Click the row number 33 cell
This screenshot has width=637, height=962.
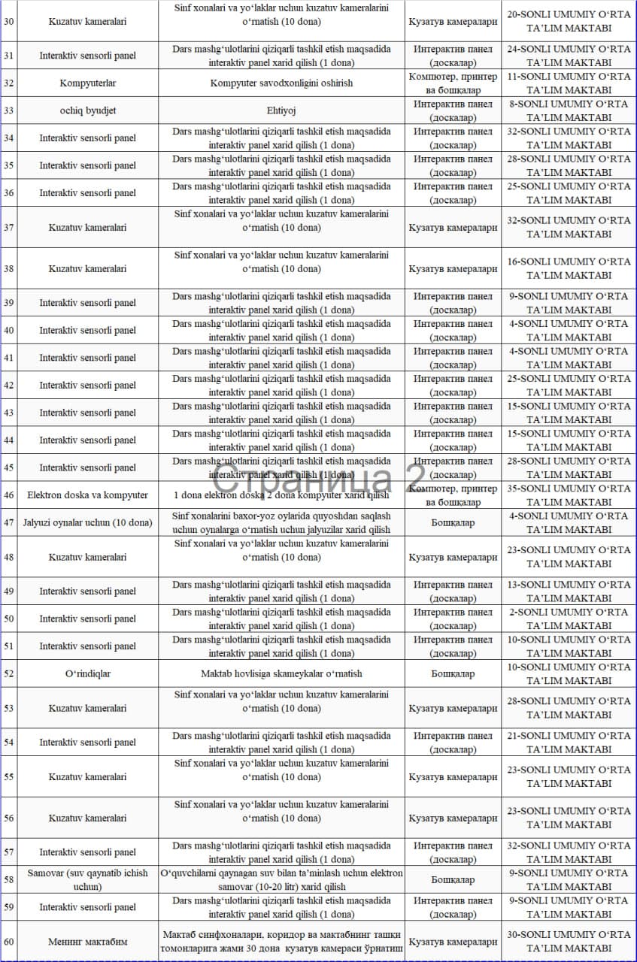(x=9, y=110)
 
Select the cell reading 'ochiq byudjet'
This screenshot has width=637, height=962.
(x=88, y=110)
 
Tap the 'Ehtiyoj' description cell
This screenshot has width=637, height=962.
(x=281, y=110)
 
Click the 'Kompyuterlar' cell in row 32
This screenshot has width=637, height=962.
(x=88, y=83)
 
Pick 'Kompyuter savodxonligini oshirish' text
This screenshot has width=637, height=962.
(x=281, y=83)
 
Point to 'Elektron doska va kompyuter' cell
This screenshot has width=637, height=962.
(x=88, y=495)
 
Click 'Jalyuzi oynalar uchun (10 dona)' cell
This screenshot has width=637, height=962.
(x=88, y=522)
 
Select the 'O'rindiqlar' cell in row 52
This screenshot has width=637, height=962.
(x=88, y=673)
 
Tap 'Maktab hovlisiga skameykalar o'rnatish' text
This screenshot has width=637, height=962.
(x=281, y=673)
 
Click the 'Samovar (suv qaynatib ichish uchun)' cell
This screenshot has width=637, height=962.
(x=88, y=879)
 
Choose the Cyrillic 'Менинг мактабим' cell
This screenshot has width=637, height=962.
(x=88, y=941)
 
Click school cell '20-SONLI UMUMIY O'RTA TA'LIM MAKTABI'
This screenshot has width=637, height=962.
(x=569, y=21)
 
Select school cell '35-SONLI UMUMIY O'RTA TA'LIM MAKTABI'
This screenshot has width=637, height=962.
(x=569, y=495)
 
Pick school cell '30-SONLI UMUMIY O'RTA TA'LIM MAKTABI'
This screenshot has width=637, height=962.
(x=569, y=941)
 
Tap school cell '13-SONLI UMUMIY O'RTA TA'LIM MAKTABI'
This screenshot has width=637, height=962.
(x=569, y=591)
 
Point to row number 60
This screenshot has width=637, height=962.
(x=9, y=941)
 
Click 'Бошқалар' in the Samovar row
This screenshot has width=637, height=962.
(x=453, y=879)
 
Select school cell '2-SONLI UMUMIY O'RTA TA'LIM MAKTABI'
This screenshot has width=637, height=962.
(x=569, y=619)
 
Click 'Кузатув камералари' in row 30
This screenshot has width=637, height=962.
(x=453, y=21)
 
